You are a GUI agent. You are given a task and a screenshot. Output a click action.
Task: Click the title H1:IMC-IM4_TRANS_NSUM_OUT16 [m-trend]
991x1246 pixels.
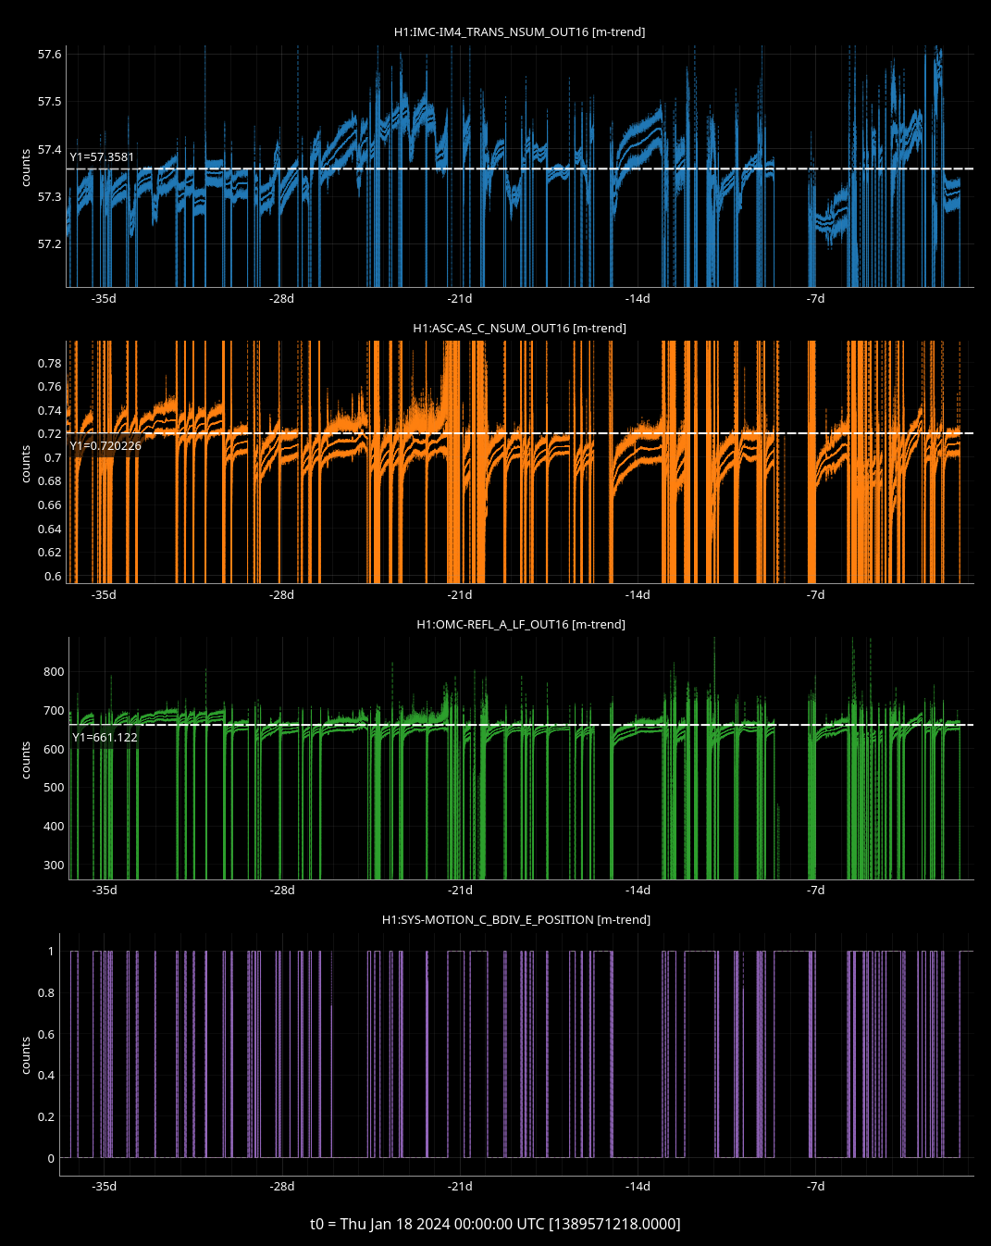click(x=519, y=32)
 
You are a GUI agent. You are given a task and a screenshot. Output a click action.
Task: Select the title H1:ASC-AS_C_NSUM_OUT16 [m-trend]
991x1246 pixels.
click(x=519, y=329)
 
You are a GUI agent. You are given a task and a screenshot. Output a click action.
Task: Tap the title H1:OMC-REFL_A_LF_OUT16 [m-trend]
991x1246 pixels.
click(x=520, y=625)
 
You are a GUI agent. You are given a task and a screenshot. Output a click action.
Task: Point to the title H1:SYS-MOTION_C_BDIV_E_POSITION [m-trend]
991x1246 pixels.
click(x=515, y=920)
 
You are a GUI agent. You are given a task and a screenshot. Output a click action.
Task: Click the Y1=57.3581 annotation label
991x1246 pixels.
click(x=102, y=157)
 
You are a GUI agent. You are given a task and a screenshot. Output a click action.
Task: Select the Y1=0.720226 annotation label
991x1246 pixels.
click(x=105, y=446)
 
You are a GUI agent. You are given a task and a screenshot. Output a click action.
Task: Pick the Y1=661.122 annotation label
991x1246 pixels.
click(x=105, y=738)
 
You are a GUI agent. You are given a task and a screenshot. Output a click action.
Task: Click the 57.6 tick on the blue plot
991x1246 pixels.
click(x=49, y=55)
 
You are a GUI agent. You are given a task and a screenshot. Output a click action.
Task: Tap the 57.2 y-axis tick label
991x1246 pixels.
click(x=49, y=244)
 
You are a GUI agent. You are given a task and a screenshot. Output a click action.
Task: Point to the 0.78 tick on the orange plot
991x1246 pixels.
click(x=49, y=364)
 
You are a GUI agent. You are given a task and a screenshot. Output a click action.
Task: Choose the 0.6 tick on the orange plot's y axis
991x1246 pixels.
click(x=53, y=577)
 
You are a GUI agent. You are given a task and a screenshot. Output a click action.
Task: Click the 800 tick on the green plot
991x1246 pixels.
click(x=54, y=672)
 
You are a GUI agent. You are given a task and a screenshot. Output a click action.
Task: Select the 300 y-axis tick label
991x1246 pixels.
click(x=54, y=866)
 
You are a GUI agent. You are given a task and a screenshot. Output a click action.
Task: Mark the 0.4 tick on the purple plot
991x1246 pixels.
click(x=45, y=1076)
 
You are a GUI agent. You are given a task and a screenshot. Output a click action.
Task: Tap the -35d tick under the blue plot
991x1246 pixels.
click(x=104, y=299)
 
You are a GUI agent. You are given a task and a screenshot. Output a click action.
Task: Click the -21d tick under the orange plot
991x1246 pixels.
click(x=460, y=595)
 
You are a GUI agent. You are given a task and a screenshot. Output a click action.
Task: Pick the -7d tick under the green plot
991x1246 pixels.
click(x=815, y=891)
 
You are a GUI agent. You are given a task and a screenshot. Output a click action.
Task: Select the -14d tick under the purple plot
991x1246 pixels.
click(x=638, y=1187)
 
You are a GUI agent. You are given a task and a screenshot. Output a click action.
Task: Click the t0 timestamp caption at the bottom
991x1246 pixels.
click(x=495, y=1224)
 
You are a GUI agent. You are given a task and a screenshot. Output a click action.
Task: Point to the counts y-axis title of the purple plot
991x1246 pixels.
click(x=26, y=1055)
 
